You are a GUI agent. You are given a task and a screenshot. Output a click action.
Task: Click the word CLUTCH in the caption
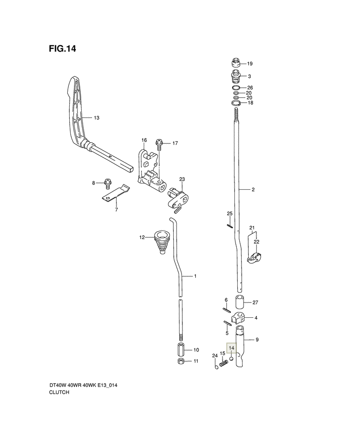pyautogui.click(x=59, y=392)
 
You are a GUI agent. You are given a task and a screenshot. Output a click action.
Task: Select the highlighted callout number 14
pyautogui.click(x=231, y=348)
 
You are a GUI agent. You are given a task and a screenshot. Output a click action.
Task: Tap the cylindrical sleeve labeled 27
pyautogui.click(x=240, y=302)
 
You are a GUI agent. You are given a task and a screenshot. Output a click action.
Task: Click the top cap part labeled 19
pyautogui.click(x=234, y=63)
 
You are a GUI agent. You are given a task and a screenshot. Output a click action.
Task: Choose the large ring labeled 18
pyautogui.click(x=235, y=103)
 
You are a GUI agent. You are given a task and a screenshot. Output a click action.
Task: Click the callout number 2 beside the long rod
pyautogui.click(x=253, y=190)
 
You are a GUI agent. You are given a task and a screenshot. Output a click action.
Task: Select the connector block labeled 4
pyautogui.click(x=239, y=317)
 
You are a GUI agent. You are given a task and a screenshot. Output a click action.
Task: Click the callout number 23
pyautogui.click(x=181, y=180)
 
